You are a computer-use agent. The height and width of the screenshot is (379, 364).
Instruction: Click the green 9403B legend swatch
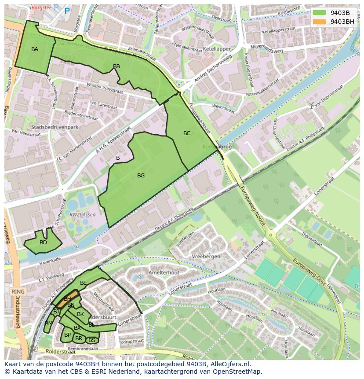coord(320,13)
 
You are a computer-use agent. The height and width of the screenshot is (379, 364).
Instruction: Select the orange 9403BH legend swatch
coord(320,22)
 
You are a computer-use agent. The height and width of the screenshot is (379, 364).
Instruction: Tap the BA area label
coord(35,49)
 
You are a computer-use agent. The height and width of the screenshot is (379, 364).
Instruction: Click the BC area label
coord(187,133)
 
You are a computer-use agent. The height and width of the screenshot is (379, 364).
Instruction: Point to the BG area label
coord(141,176)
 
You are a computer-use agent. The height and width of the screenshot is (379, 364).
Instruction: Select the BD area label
coord(43,243)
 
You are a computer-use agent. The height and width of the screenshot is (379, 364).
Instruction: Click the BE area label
coord(84,283)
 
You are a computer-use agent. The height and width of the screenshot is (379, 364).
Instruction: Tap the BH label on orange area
coord(67,299)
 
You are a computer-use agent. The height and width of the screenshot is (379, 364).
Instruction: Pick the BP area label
coord(67,335)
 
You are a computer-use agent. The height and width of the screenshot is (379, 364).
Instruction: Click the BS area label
coord(91,340)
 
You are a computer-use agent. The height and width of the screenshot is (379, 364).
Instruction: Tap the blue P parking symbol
coord(67,11)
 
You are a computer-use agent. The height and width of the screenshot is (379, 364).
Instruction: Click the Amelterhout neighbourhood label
coord(164,273)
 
